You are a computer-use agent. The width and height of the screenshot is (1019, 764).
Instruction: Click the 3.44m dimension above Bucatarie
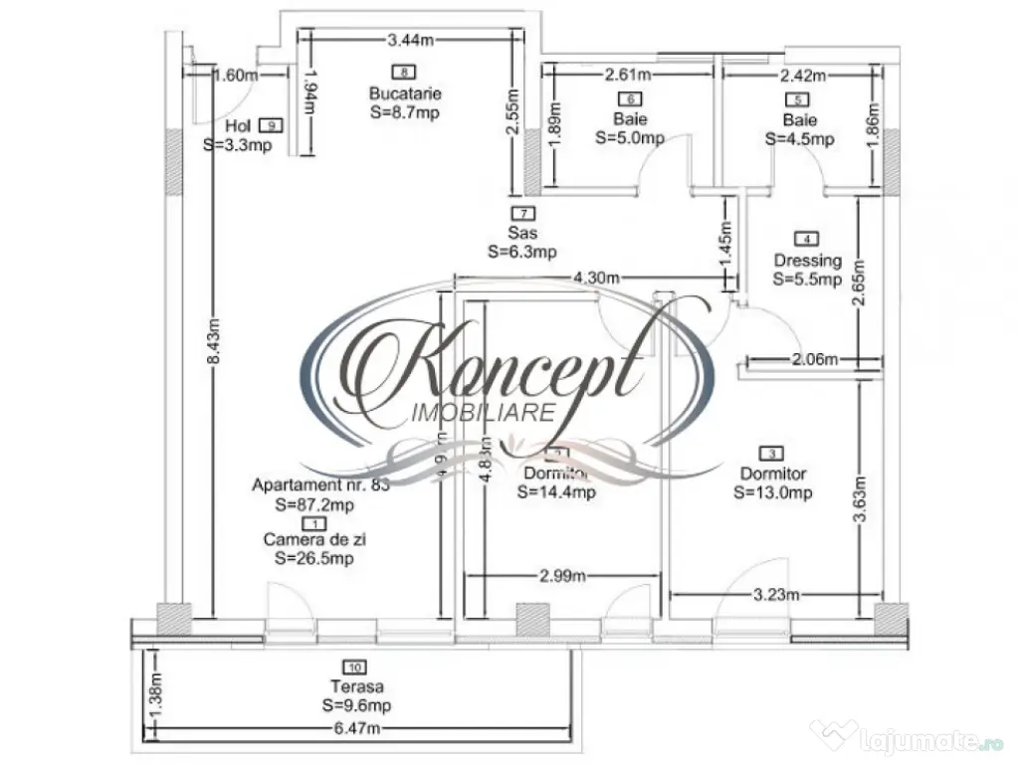(x=411, y=40)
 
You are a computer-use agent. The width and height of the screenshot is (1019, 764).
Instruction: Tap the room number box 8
(x=404, y=72)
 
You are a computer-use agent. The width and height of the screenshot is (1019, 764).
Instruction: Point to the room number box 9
(x=270, y=125)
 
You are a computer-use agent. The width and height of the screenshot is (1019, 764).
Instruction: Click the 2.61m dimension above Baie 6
(x=629, y=75)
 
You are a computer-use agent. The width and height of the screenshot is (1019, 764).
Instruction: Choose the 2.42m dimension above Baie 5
(x=802, y=75)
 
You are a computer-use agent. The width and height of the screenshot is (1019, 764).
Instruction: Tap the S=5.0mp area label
(x=630, y=138)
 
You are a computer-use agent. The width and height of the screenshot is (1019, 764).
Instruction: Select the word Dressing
(x=807, y=261)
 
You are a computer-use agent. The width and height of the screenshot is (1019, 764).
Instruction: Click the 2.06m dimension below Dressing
(x=812, y=359)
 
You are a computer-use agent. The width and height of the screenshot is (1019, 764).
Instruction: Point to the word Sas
(x=521, y=233)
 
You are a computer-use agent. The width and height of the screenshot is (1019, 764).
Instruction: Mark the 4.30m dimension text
(x=591, y=278)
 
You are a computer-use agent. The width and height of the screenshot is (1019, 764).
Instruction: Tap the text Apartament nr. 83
(x=320, y=485)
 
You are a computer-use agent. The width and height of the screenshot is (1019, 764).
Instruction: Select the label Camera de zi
(x=313, y=539)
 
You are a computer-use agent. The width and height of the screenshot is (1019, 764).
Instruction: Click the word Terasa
(x=358, y=685)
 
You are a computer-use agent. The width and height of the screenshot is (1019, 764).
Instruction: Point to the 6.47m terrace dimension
(x=358, y=728)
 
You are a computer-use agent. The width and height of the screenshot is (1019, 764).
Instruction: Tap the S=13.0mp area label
(x=773, y=492)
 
